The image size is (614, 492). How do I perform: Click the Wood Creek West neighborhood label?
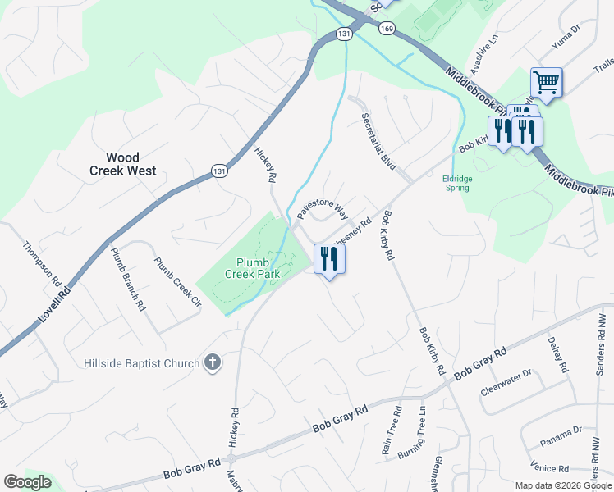(122, 164)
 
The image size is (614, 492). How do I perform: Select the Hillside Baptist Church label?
(142, 363)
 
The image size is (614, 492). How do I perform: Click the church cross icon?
(213, 362)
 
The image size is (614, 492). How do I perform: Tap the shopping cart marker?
(546, 82)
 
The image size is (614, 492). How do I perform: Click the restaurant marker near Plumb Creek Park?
(329, 258)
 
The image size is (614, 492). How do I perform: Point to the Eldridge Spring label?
(456, 182)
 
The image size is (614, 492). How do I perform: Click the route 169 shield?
(387, 28)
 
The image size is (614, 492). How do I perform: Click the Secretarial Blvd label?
(379, 141)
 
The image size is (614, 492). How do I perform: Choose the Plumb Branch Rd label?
(128, 279)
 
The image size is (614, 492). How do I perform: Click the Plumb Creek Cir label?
(177, 281)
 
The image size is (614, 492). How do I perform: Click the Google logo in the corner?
(27, 482)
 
